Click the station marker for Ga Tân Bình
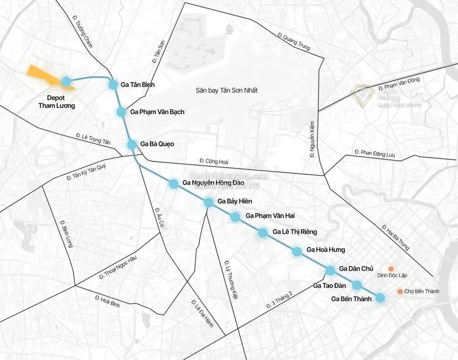[113, 84]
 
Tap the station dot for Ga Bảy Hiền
[208, 202]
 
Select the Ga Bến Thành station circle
[380, 298]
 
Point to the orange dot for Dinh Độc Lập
[391, 268]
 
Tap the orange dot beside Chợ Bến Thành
[400, 292]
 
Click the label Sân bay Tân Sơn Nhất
[226, 90]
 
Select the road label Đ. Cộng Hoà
[213, 160]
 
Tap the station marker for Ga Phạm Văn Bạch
[121, 112]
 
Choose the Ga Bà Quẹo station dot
[132, 144]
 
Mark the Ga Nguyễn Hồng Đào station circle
[173, 183]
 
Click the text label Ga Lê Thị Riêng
[295, 232]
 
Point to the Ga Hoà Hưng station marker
[297, 252]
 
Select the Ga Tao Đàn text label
[330, 285]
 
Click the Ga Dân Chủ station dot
[330, 270]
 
